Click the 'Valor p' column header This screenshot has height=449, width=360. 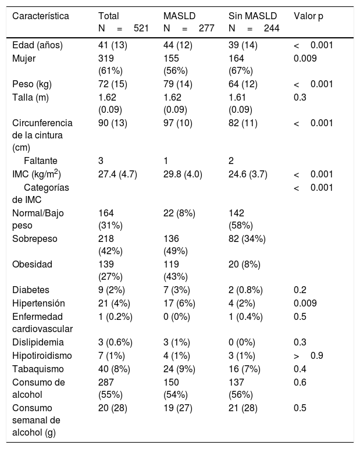click(308, 16)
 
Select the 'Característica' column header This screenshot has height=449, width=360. click(41, 16)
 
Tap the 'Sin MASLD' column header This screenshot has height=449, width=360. click(252, 16)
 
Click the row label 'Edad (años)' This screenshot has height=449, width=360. click(38, 45)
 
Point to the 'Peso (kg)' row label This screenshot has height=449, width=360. click(32, 84)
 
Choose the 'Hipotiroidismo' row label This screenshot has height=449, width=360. click(42, 355)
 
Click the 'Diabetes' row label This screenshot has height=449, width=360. click(31, 290)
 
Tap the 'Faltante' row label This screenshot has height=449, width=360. click(41, 161)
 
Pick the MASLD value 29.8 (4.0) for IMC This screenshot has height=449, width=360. click(183, 174)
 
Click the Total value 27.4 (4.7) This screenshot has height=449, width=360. click(117, 174)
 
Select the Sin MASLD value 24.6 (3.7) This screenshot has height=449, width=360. click(248, 174)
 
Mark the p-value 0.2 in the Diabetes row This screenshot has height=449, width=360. click(300, 290)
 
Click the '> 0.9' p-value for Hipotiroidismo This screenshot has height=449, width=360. click(308, 355)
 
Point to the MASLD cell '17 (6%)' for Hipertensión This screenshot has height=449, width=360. click(179, 303)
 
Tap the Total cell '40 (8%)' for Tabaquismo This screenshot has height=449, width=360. click(114, 369)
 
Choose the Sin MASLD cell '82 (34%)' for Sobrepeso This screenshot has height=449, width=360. click(247, 239)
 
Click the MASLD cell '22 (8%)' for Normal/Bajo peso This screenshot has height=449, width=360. click(179, 213)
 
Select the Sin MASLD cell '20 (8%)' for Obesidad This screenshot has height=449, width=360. click(244, 264)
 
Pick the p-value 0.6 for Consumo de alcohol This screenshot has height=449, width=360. click(300, 383)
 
